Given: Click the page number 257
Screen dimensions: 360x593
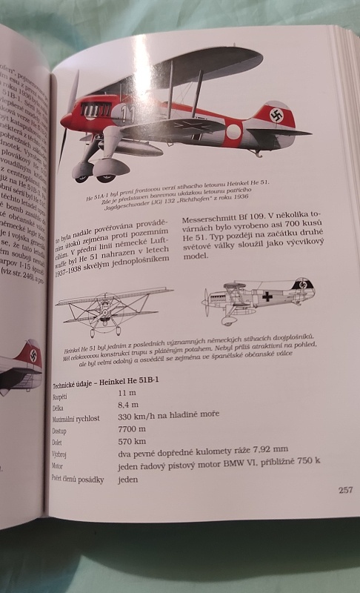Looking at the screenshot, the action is (x=344, y=489).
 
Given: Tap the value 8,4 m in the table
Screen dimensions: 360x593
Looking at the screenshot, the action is (x=128, y=405).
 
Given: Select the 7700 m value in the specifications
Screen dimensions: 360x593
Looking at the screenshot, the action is (x=131, y=429).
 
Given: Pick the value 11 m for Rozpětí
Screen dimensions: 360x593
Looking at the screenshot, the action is (x=127, y=393).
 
